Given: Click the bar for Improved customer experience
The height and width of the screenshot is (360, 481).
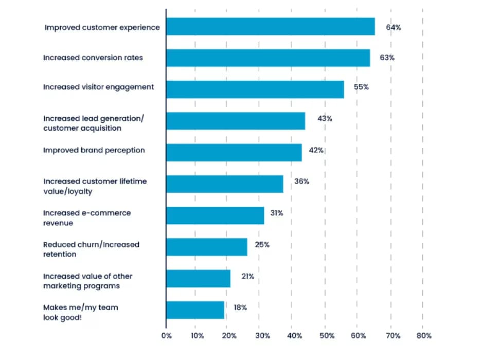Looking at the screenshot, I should [271, 27].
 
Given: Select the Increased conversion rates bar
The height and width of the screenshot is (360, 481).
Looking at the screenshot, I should [268, 58].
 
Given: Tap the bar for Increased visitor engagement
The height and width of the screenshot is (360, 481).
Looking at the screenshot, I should [255, 89].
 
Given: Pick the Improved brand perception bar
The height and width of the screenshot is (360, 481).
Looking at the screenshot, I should [234, 152].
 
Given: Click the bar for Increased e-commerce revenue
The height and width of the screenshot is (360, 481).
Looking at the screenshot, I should [215, 215].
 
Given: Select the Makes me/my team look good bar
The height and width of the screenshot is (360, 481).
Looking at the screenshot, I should [195, 310].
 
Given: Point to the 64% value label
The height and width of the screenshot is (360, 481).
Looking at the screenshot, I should [394, 27].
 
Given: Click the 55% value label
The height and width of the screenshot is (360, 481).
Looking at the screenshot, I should [361, 87].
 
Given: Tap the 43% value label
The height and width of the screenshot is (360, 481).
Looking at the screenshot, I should [325, 118].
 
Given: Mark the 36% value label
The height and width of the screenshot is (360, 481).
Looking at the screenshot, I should [301, 182].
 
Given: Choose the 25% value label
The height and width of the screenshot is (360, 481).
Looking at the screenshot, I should [262, 244].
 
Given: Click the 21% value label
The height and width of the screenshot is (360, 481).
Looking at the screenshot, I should [247, 276].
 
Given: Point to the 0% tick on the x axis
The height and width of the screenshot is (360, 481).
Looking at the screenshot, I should [166, 336].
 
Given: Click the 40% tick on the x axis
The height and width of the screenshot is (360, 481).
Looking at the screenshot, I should [294, 336].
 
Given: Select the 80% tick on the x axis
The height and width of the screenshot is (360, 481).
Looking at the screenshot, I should [423, 336].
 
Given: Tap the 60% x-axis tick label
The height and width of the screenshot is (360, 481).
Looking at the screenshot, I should [359, 336].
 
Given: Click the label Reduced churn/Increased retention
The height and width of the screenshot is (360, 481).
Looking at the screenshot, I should [91, 249].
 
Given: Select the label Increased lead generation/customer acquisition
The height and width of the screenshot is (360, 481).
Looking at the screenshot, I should [94, 123].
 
